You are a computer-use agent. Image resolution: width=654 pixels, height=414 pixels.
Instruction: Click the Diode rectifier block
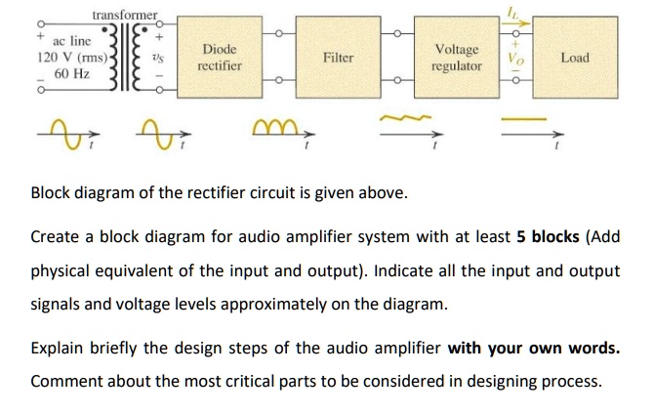click(x=219, y=58)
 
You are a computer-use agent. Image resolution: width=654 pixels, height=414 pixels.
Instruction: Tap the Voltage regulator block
click(x=457, y=58)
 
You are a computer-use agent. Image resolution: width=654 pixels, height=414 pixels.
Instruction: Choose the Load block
click(x=576, y=58)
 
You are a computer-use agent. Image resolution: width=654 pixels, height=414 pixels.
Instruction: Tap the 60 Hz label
click(x=72, y=74)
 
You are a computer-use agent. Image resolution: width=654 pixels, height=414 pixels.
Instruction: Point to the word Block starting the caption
click(x=52, y=191)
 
